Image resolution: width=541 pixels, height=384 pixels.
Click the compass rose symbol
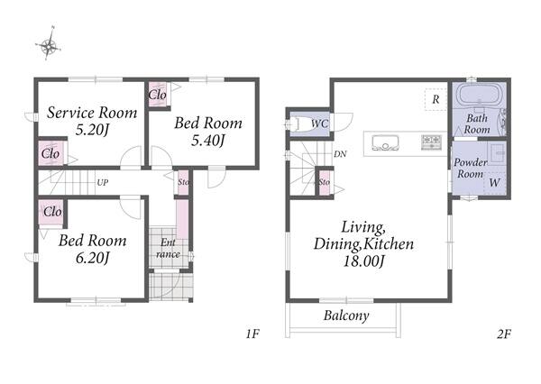pyautogui.click(x=49, y=44)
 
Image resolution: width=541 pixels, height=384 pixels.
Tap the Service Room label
pyautogui.click(x=92, y=113)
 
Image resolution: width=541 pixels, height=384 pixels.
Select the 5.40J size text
pyautogui.click(x=208, y=141)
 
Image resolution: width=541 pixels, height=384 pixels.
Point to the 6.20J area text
pyautogui.click(x=93, y=258)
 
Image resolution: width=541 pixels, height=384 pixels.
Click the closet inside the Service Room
pyautogui.click(x=51, y=152)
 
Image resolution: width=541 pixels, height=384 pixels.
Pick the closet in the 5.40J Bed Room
pyautogui.click(x=158, y=94)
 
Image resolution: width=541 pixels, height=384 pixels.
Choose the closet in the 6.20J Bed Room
pyautogui.click(x=51, y=212)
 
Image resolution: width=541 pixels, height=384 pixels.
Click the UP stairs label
pyautogui.click(x=103, y=182)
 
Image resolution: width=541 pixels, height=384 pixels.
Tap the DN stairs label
pyautogui.click(x=340, y=154)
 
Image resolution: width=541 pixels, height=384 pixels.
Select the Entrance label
pyautogui.click(x=168, y=249)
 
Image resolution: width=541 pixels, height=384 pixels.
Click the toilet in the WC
pyautogui.click(x=298, y=123)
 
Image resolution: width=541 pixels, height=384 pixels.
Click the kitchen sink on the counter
pyautogui.click(x=385, y=142)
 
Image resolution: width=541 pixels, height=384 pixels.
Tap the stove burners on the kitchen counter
pyautogui.click(x=431, y=142)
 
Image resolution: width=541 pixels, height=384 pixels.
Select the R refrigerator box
pyautogui.click(x=436, y=99)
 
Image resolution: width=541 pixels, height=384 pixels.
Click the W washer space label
pyautogui.click(x=494, y=182)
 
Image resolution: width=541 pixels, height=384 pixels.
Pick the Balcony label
pyautogui.click(x=346, y=315)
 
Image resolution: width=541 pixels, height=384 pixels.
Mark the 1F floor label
pyautogui.click(x=252, y=334)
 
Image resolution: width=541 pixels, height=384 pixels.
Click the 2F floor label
pyautogui.click(x=504, y=334)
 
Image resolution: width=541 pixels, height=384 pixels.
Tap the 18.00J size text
pyautogui.click(x=363, y=261)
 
